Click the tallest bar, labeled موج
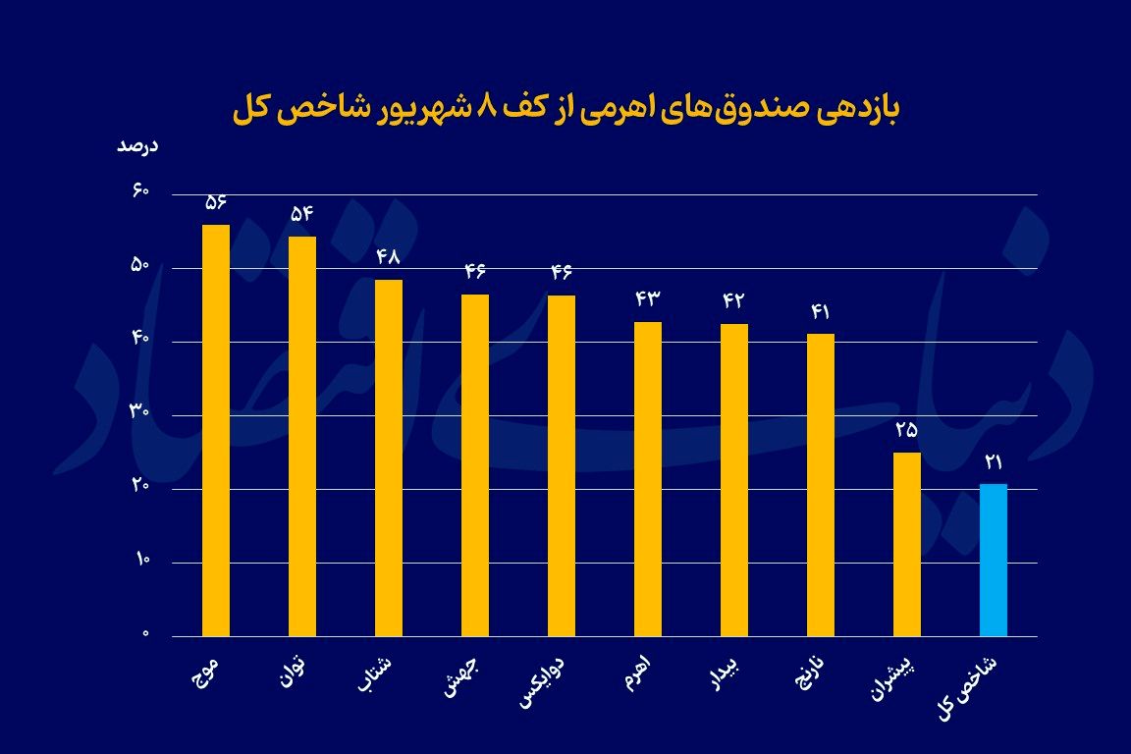(x=216, y=430)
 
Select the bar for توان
(x=302, y=436)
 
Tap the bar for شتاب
(x=389, y=458)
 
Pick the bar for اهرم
(x=648, y=478)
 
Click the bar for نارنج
(x=821, y=485)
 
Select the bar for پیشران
(x=907, y=544)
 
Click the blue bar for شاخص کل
(x=994, y=560)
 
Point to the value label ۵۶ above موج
(x=216, y=202)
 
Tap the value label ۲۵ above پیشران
(x=907, y=429)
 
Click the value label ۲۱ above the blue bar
(x=994, y=460)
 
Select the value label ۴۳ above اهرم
(x=648, y=298)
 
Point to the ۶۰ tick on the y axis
(x=138, y=191)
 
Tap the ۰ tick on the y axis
(x=144, y=634)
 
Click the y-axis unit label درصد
(x=137, y=146)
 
